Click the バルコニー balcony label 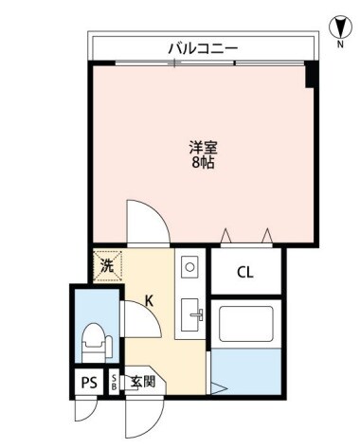coord(202,46)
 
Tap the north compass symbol coord(337,26)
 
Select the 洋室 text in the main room coord(202,147)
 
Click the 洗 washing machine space coord(106,265)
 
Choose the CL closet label coord(244,274)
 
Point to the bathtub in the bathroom coord(244,326)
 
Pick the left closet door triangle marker coord(225,235)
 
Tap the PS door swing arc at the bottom coord(87,410)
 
